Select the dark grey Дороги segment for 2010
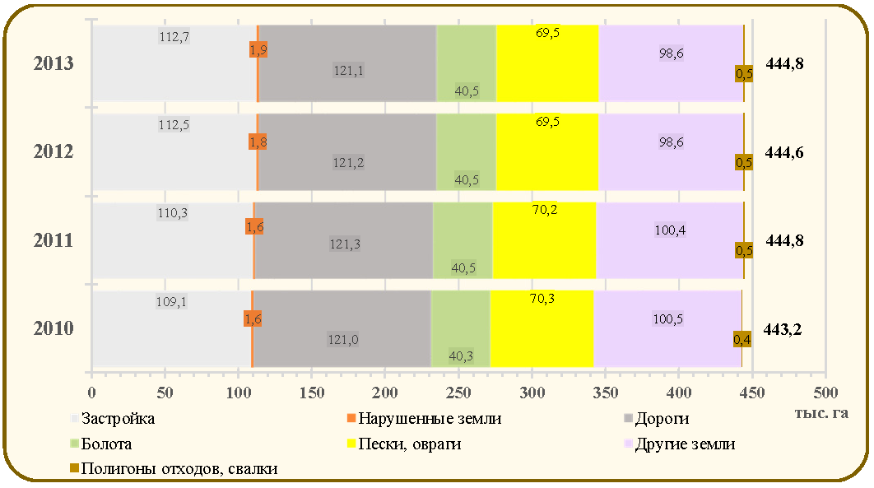click(342, 328)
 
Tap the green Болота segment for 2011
click(463, 240)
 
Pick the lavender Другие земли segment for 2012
click(671, 152)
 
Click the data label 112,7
click(174, 37)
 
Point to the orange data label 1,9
click(258, 49)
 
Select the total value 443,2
click(782, 330)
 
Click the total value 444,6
click(784, 152)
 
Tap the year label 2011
click(53, 240)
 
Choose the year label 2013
click(53, 63)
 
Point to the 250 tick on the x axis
click(458, 393)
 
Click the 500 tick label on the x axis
click(825, 393)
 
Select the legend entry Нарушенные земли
click(424, 418)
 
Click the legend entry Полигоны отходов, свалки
click(174, 468)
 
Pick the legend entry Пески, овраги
click(404, 444)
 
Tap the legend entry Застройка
click(113, 418)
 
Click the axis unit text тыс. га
click(821, 413)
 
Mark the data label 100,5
click(667, 319)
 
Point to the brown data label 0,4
click(742, 339)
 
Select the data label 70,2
click(545, 210)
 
